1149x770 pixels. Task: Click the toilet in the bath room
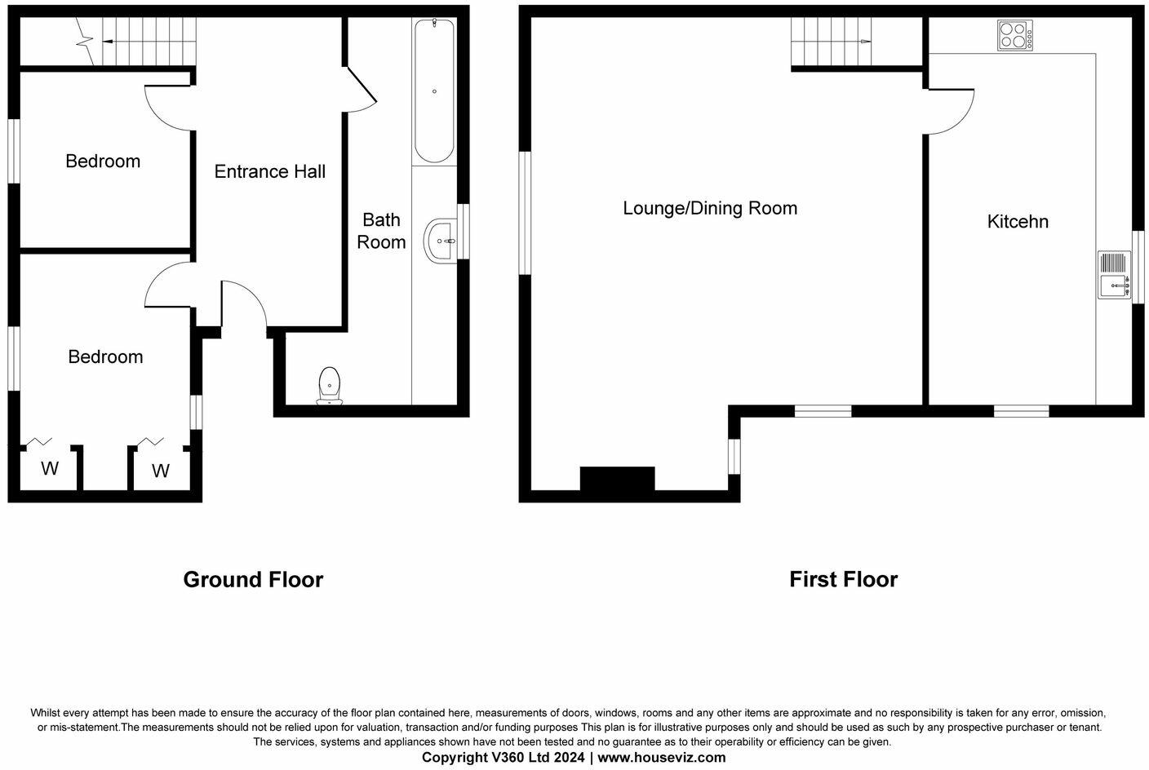click(x=329, y=385)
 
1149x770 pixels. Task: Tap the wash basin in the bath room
click(x=441, y=241)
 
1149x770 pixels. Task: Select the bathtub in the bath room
click(x=433, y=91)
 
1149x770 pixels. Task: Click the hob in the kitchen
click(x=1014, y=36)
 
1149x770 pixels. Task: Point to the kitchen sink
click(x=1114, y=275)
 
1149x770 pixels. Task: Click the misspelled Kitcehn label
click(x=1018, y=221)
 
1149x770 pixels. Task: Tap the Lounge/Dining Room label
click(x=710, y=208)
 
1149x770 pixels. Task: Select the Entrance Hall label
click(x=269, y=171)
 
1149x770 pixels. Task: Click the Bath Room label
click(x=381, y=231)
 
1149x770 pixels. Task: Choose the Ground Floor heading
click(x=253, y=579)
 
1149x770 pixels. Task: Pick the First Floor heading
click(x=843, y=579)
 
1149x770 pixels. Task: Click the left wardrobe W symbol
click(x=50, y=469)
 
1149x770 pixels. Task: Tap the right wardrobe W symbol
click(x=161, y=471)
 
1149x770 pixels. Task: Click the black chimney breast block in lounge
click(x=617, y=479)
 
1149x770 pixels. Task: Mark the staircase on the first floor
click(x=831, y=42)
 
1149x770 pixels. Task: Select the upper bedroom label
click(x=103, y=162)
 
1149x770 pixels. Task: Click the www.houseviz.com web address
click(x=662, y=757)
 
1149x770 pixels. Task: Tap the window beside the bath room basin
click(x=464, y=231)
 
